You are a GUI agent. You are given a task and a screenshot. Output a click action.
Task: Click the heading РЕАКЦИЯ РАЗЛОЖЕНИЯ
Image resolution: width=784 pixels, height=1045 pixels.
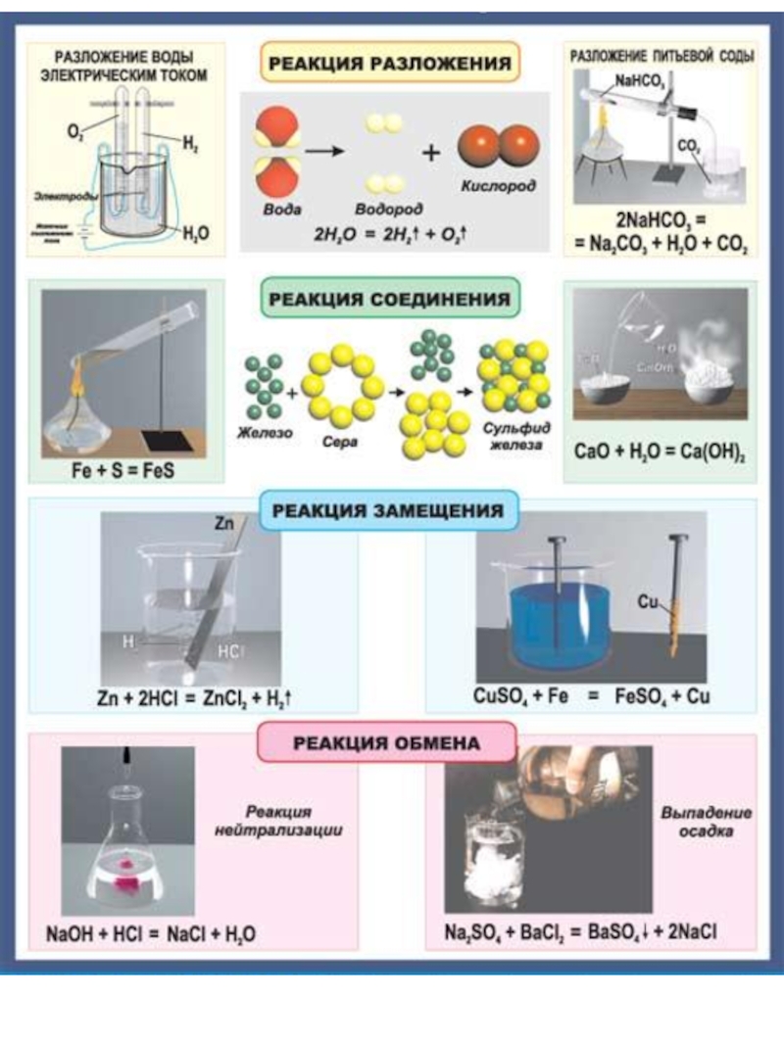coord(390,64)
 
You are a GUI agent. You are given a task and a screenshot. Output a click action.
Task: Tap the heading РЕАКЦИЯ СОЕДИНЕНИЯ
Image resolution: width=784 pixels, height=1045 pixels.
coord(389,300)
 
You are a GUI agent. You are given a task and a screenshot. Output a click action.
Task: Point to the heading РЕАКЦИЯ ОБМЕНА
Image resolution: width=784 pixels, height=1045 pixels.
coord(387,743)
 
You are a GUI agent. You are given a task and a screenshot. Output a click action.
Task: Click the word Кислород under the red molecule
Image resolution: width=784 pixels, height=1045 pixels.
coord(498,186)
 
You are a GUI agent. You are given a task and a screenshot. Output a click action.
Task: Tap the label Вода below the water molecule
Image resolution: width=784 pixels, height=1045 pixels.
coord(282,210)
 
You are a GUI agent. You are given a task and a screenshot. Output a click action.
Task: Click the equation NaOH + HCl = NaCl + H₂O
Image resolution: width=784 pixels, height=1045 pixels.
coord(151,933)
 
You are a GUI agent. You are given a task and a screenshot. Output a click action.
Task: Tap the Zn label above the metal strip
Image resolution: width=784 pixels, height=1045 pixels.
coord(223,525)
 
